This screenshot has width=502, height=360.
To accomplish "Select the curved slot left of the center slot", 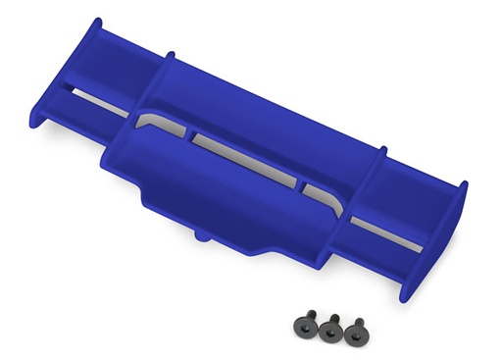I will pyautogui.click(x=162, y=124).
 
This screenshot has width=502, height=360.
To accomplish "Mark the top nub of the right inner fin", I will pyautogui.click(x=383, y=150).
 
